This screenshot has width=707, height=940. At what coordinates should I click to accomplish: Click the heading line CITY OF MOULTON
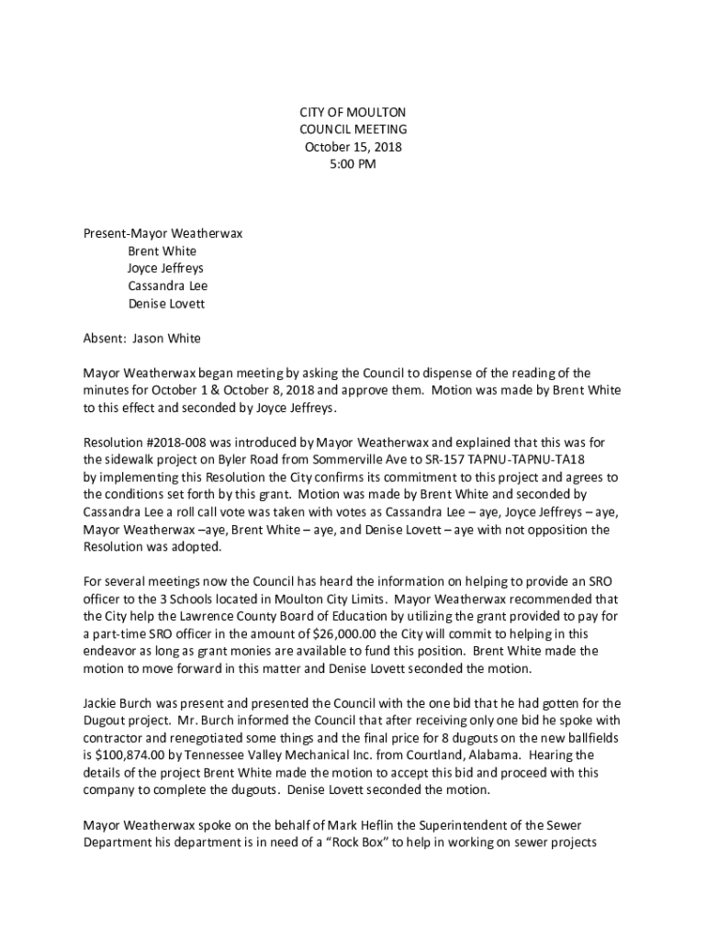point(353,112)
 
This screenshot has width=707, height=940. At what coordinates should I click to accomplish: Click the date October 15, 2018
point(353,147)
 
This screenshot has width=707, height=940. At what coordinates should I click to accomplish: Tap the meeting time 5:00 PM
point(353,164)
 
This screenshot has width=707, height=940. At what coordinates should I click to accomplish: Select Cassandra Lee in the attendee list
point(168,285)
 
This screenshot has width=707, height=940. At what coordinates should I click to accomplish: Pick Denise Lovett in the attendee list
point(166,303)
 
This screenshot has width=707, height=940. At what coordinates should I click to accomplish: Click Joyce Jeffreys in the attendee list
point(165,268)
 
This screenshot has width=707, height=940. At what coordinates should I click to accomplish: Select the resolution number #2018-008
point(174,442)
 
